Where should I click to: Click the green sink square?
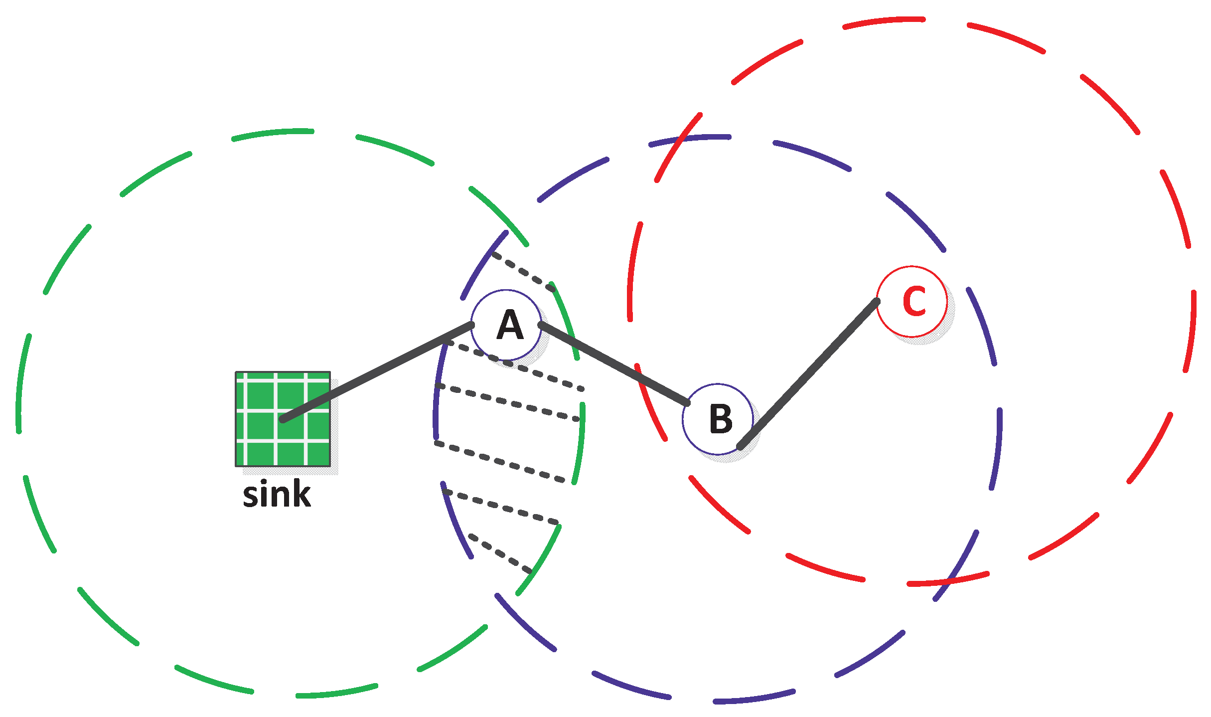tap(283, 419)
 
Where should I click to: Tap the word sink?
tap(277, 495)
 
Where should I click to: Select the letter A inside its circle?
tap(509, 325)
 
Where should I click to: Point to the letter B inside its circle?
tap(721, 419)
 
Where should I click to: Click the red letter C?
tap(914, 301)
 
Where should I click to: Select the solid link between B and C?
tap(808, 374)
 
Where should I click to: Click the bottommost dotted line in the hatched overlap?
tap(500, 553)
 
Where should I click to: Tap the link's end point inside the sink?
tap(283, 419)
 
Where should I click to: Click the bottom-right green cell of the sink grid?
tap(318, 454)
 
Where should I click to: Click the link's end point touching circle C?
tap(876, 301)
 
